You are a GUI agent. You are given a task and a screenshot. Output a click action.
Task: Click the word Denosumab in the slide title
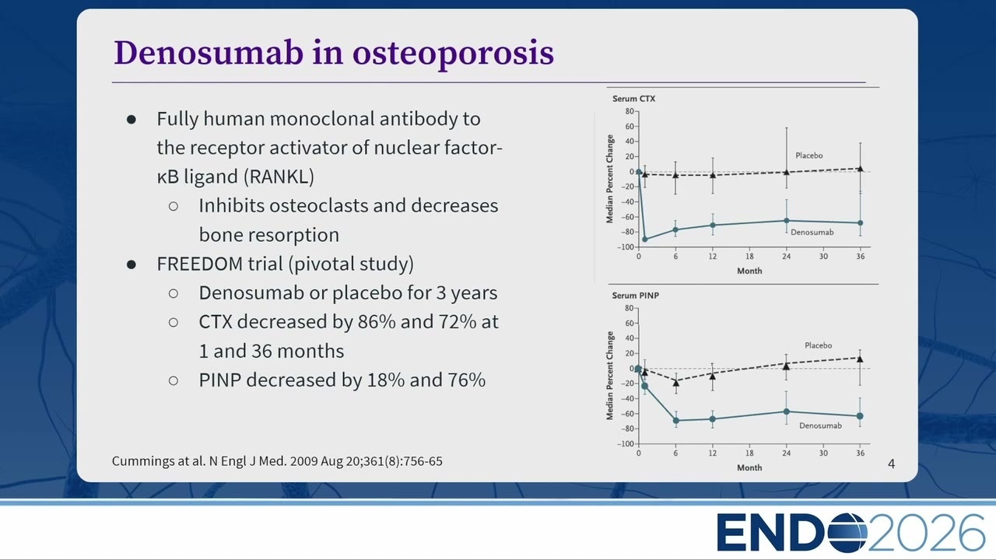click(209, 53)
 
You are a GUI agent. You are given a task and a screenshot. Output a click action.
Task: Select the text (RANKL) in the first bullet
click(279, 177)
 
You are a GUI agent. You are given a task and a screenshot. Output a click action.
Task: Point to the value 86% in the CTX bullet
click(377, 321)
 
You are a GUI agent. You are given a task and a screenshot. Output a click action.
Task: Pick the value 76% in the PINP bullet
click(466, 380)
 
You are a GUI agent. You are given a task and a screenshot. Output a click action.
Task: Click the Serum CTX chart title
click(633, 99)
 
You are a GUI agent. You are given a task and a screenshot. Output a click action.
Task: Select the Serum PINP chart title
click(636, 296)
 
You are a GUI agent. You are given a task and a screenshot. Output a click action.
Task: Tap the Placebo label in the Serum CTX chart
click(808, 156)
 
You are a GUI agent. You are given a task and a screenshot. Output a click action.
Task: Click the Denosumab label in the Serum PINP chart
click(820, 425)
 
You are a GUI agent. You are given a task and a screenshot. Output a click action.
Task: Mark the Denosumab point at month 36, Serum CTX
click(860, 222)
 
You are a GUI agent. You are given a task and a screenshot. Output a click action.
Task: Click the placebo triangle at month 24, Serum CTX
click(786, 172)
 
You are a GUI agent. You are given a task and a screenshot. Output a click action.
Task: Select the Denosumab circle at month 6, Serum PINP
click(676, 421)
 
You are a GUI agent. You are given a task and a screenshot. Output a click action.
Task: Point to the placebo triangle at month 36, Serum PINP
click(860, 359)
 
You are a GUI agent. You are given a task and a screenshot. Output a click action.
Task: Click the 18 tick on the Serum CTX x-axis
click(749, 257)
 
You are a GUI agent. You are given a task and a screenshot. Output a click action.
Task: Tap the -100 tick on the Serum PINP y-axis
click(625, 444)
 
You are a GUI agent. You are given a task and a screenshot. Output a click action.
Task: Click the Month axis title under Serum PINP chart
click(749, 467)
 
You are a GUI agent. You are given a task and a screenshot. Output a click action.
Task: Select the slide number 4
click(891, 464)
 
